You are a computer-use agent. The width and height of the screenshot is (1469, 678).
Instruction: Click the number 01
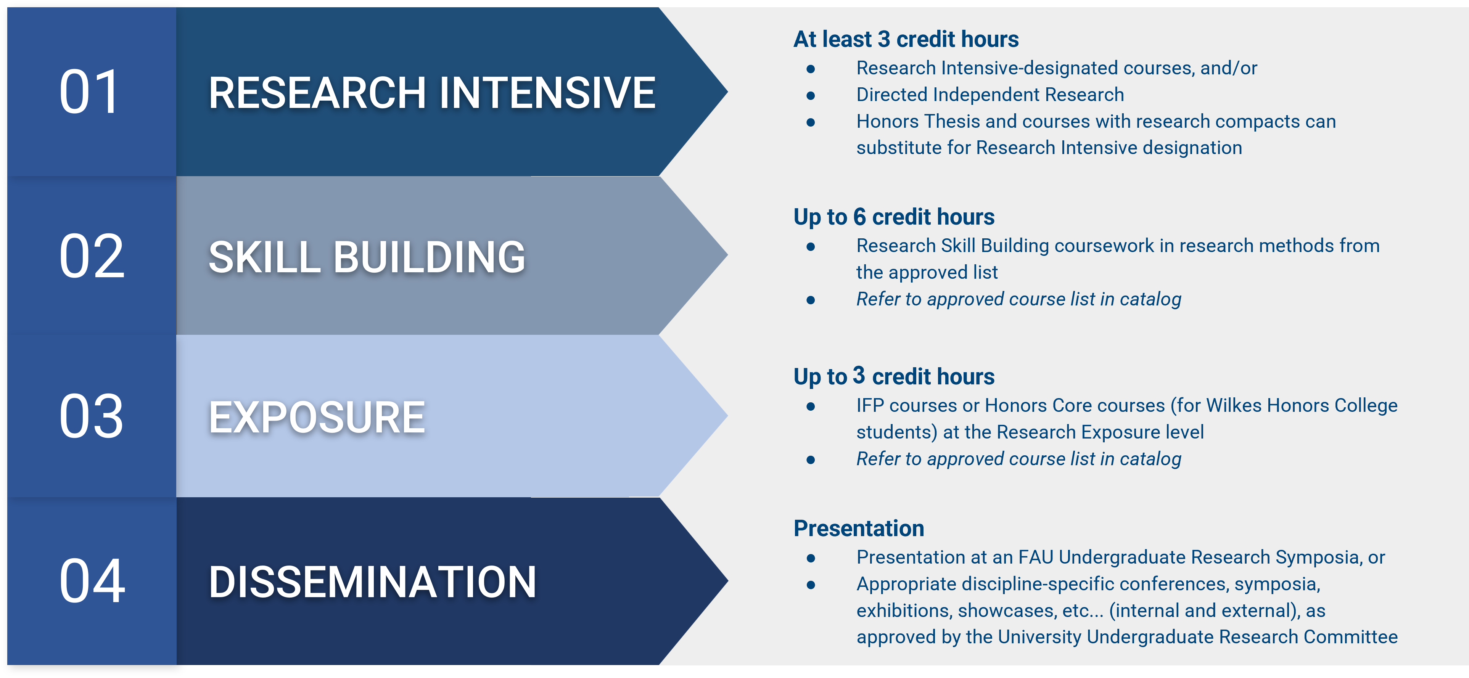pos(90,92)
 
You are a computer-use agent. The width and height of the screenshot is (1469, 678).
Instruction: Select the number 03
pos(91,417)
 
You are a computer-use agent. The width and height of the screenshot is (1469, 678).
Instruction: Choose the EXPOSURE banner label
pos(317,418)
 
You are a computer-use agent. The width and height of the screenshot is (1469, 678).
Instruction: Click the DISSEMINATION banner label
pos(372,582)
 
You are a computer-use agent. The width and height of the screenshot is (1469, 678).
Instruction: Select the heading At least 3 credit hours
pos(906,39)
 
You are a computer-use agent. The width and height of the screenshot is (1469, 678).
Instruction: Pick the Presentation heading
pos(858,529)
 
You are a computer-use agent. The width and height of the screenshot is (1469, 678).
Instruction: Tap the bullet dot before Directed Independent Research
pos(810,95)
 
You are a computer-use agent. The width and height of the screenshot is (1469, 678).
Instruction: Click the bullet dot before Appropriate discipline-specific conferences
pos(810,585)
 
